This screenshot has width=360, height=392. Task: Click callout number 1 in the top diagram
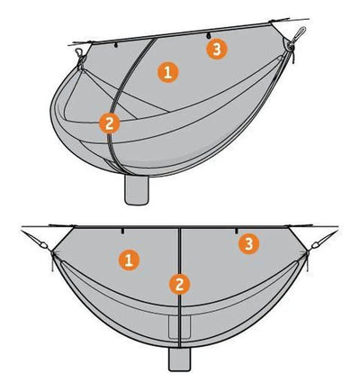coord(168,73)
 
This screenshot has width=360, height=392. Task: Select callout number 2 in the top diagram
coord(110,123)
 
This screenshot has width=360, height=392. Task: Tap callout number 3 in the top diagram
coord(217,49)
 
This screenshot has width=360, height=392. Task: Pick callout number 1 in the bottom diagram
coord(129,260)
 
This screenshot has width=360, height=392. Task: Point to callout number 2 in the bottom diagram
coord(179,285)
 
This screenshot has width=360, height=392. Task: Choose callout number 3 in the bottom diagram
coord(249,244)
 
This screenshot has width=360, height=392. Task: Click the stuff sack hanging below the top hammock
coord(137,190)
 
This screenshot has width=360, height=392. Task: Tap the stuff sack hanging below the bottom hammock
coord(179,360)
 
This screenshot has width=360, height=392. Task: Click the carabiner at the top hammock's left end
coord(78,53)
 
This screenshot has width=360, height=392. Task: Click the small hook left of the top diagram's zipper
coord(116,45)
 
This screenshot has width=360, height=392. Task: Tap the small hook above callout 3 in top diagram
coord(207,36)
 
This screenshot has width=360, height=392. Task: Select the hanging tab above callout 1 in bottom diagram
coord(122,231)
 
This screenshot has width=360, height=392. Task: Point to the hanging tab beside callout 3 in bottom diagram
coord(237,231)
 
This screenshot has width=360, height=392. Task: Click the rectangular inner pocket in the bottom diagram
coord(179,327)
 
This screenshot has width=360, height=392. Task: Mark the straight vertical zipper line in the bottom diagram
coord(179,287)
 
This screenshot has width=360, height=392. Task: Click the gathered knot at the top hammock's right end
coord(290,46)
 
